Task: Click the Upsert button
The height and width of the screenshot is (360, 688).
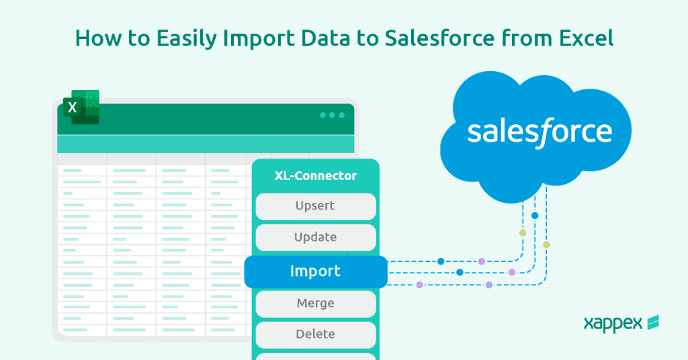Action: tap(315, 206)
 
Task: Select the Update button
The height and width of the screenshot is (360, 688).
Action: tap(315, 237)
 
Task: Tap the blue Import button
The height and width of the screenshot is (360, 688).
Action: tap(315, 271)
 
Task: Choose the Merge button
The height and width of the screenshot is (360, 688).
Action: tap(315, 303)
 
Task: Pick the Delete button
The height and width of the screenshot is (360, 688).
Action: tap(315, 334)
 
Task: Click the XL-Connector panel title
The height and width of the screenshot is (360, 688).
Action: tap(315, 176)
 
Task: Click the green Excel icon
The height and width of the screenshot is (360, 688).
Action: tap(81, 107)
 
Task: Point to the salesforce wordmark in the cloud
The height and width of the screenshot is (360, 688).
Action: tap(540, 131)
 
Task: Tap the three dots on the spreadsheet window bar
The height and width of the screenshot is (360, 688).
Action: tap(332, 116)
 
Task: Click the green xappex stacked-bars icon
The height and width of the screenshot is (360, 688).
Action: tap(652, 323)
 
